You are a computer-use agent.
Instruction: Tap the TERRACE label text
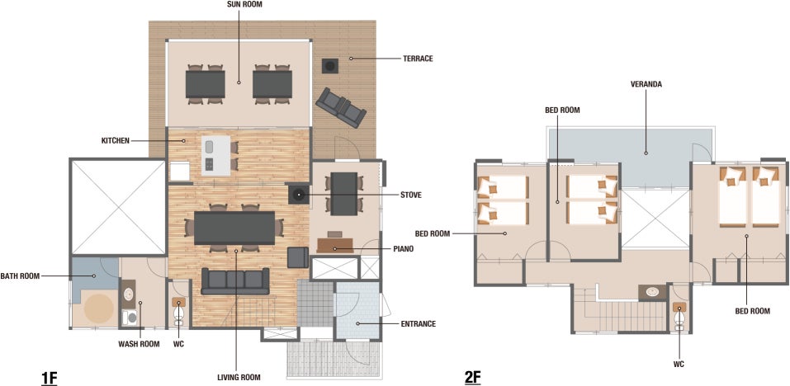coord(418,59)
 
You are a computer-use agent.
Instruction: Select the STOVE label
coord(410,195)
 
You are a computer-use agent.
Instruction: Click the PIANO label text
coord(403,248)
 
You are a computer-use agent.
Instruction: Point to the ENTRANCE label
coord(419,323)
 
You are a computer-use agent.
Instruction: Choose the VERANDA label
coord(646,84)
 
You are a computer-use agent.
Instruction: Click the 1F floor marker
coord(49,378)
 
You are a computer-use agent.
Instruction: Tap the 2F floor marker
coord(472,378)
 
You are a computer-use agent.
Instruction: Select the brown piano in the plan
coord(334,246)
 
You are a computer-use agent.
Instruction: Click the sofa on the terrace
coord(341,108)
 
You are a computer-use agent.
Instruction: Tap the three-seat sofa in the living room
coord(235,280)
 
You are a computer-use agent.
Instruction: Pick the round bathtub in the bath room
coord(99,308)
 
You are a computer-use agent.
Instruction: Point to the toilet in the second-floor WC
coord(679,316)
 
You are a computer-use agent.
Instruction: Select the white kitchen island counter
coord(215,156)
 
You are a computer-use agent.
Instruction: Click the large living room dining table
coord(234,228)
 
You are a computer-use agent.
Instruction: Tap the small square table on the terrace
coord(330,65)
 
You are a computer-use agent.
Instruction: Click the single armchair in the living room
coord(298,257)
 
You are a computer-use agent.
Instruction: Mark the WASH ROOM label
coord(139,344)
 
